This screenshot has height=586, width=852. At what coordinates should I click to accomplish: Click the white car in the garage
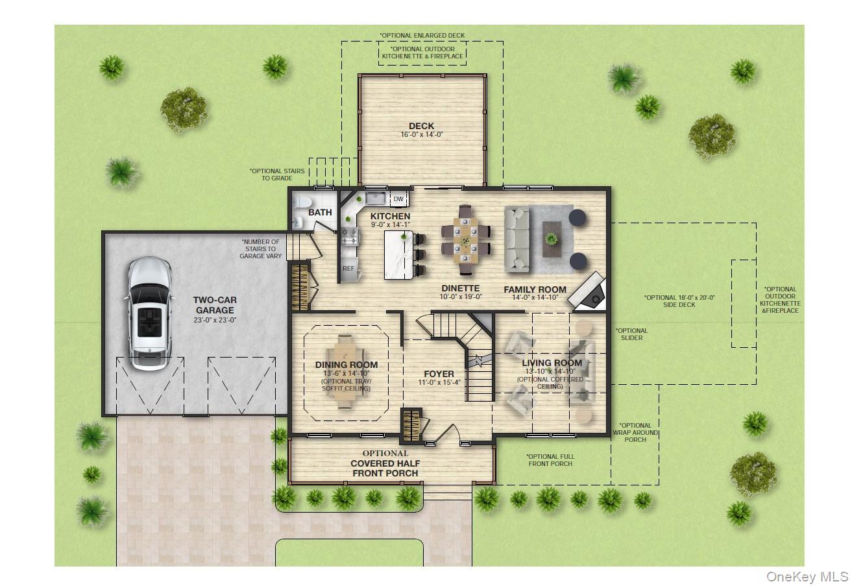tap(149, 314)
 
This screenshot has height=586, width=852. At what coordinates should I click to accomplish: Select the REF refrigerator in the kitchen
tap(348, 268)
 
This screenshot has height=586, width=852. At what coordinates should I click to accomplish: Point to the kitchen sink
tap(375, 198)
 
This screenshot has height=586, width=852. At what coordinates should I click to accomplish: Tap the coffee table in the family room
tap(552, 234)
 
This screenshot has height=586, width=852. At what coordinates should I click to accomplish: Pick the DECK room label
tap(421, 126)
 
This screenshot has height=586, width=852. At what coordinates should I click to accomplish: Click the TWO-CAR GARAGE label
tap(215, 305)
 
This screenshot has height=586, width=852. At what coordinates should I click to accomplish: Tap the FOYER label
tap(439, 374)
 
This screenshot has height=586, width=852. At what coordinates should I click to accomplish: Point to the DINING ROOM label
tap(347, 365)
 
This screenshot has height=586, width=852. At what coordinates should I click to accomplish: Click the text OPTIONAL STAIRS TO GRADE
tap(277, 175)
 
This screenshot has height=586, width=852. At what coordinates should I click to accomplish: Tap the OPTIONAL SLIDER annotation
tap(631, 334)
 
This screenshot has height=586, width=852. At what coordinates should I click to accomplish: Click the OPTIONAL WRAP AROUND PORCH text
tap(635, 432)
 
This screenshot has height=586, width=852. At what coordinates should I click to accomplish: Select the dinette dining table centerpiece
tap(465, 240)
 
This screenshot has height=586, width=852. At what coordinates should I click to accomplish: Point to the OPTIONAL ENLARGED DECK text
tap(422, 36)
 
